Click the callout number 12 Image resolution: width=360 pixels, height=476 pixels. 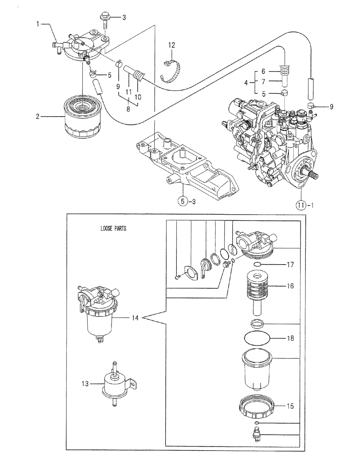coord(171,45)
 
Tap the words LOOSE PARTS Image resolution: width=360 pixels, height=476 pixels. coord(113,228)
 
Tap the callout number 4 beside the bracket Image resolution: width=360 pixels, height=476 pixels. coord(246,83)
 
